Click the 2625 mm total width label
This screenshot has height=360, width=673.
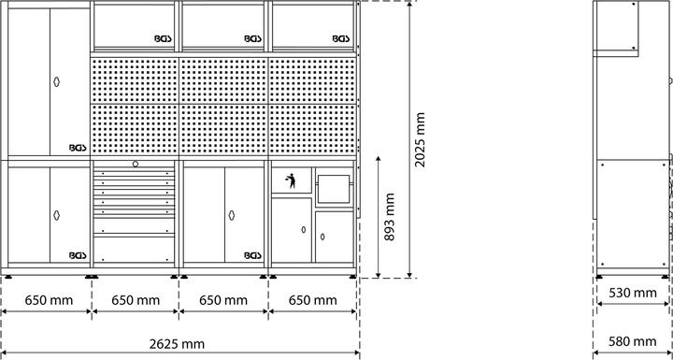(179, 342)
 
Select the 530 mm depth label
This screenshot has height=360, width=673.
(633, 293)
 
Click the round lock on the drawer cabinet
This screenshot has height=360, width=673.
(136, 165)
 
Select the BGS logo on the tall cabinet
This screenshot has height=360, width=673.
(77, 147)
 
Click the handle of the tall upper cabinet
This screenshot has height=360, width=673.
(56, 81)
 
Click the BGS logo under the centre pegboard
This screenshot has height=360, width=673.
(252, 253)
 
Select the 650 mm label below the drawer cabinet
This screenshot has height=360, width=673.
(136, 300)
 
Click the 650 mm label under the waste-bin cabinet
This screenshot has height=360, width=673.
(313, 300)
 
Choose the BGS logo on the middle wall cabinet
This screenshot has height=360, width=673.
(252, 39)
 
